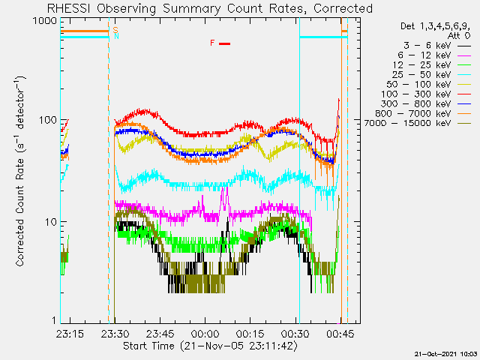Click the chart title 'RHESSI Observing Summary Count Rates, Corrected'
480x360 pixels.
[209, 8]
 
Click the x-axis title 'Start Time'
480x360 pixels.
[209, 346]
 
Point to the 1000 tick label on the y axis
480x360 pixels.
[43, 20]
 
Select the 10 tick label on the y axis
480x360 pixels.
[49, 222]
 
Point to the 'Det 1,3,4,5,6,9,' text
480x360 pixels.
[433, 25]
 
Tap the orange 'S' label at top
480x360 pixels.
[115, 28]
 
